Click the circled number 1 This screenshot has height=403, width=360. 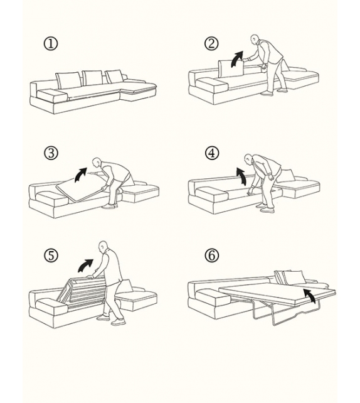(x=51, y=44)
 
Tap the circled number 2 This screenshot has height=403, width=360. (x=211, y=43)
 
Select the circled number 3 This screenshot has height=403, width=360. (x=51, y=153)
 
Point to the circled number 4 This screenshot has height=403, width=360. (x=212, y=153)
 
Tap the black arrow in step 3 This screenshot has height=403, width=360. (x=80, y=174)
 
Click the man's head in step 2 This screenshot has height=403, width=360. (x=255, y=40)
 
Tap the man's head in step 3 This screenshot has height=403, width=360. (x=96, y=162)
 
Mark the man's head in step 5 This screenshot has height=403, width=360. (x=103, y=245)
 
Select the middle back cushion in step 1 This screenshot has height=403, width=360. (x=92, y=78)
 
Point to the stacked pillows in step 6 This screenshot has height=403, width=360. (x=289, y=277)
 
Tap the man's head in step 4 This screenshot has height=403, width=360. (x=250, y=158)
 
